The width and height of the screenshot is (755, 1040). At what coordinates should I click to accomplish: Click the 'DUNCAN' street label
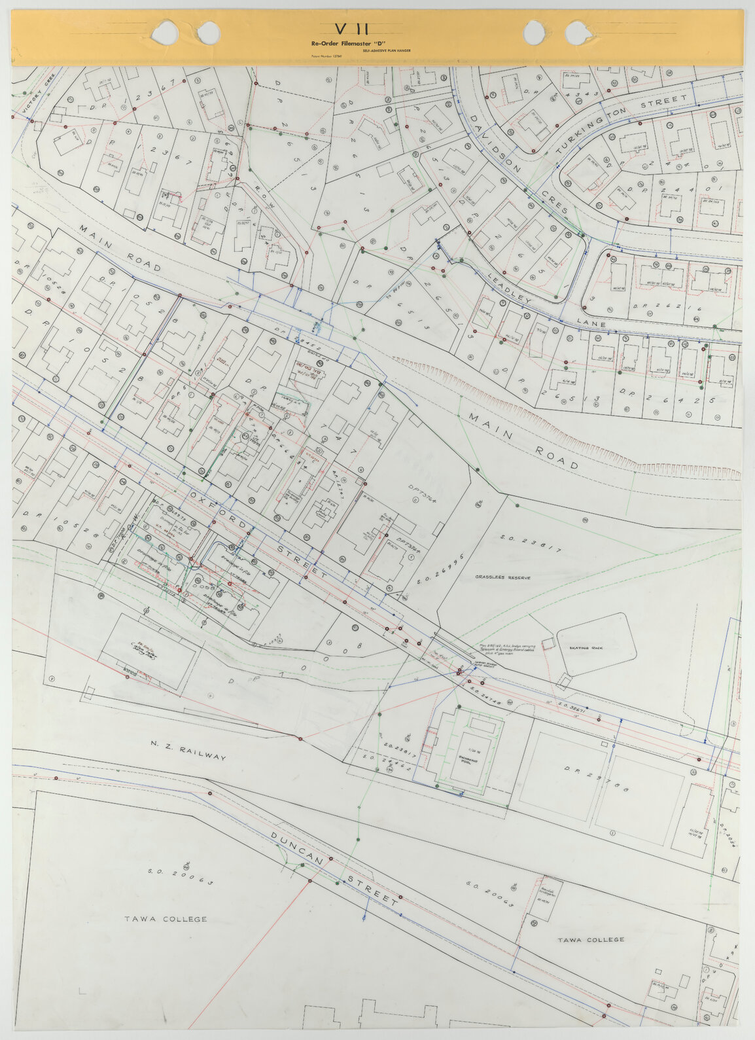pyautogui.click(x=297, y=850)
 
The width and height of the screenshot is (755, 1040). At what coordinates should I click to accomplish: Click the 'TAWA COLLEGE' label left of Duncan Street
pyautogui.click(x=166, y=919)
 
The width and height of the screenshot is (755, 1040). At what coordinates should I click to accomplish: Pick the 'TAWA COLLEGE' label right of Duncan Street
pyautogui.click(x=591, y=939)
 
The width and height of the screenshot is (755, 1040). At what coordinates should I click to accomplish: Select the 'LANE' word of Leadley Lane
pyautogui.click(x=591, y=324)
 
